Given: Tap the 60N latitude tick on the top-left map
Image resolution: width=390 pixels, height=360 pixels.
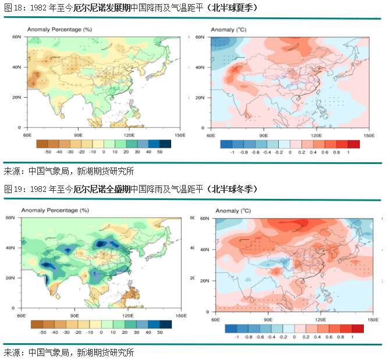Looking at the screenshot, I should tap(17, 37).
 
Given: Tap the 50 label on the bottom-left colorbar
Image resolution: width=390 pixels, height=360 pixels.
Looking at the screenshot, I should tap(159, 332).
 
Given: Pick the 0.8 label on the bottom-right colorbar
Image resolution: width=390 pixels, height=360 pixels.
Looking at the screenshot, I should tap(340, 337).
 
